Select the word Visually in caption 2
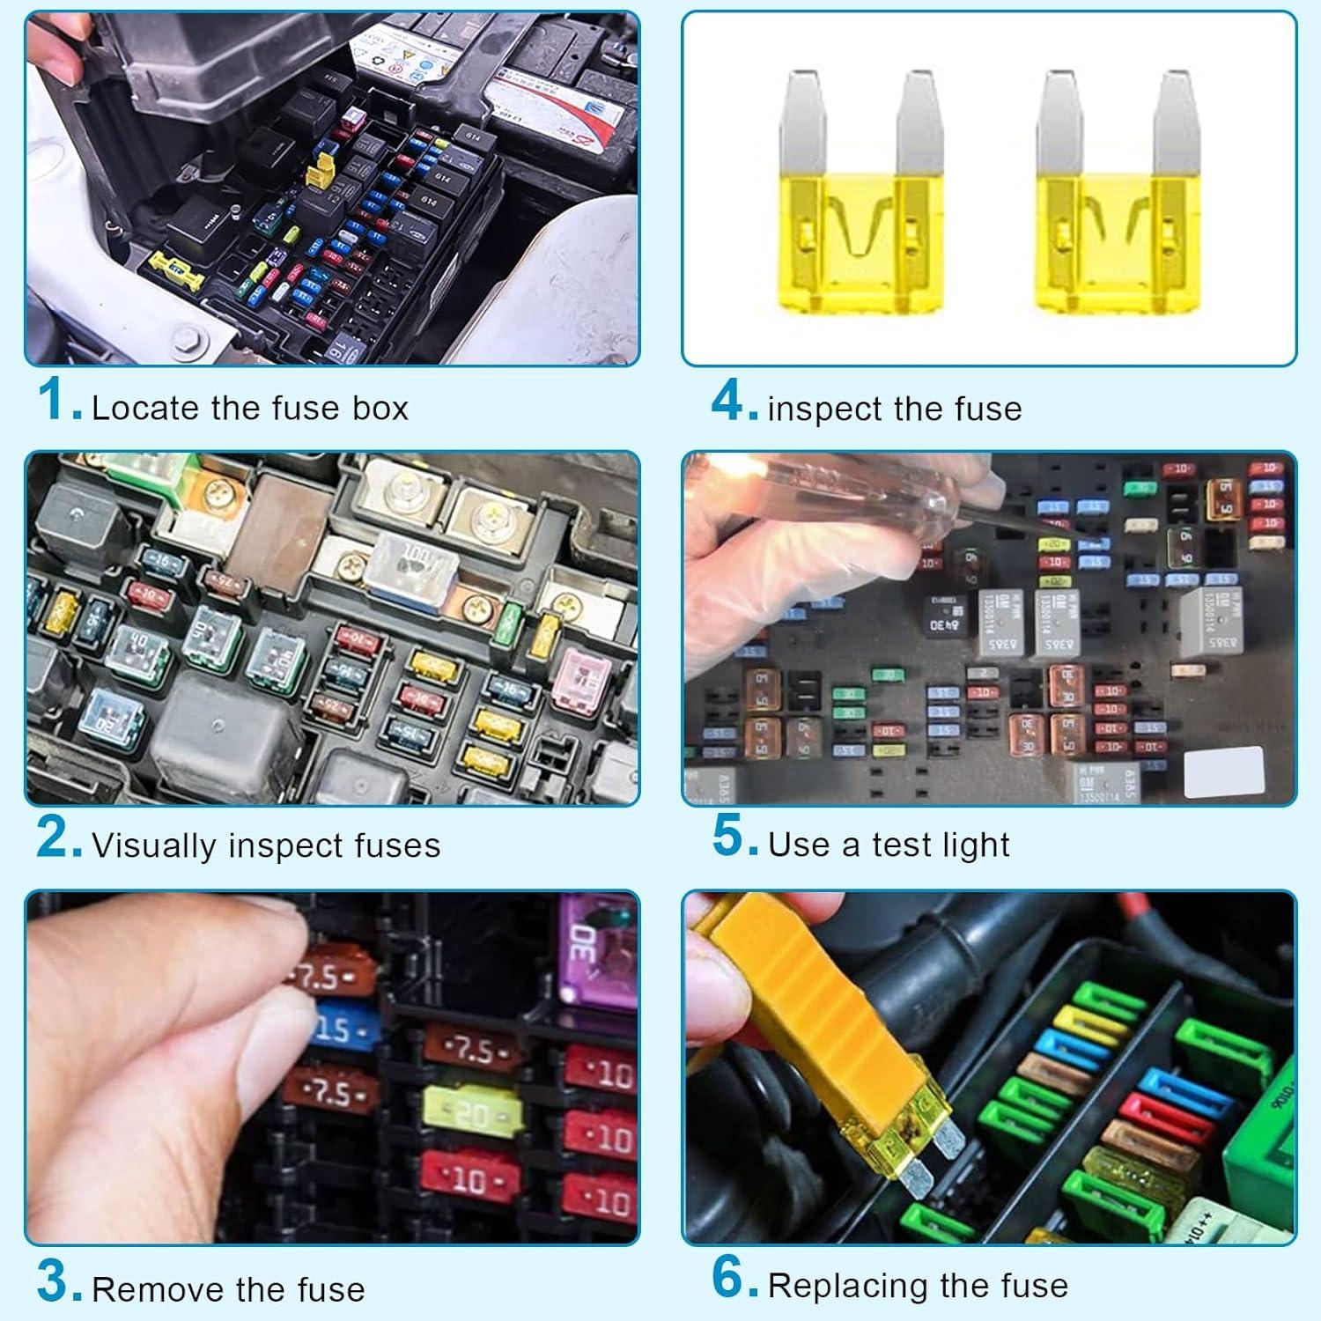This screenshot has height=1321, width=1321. tap(154, 845)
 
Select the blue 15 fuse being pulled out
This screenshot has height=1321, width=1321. tap(343, 1029)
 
